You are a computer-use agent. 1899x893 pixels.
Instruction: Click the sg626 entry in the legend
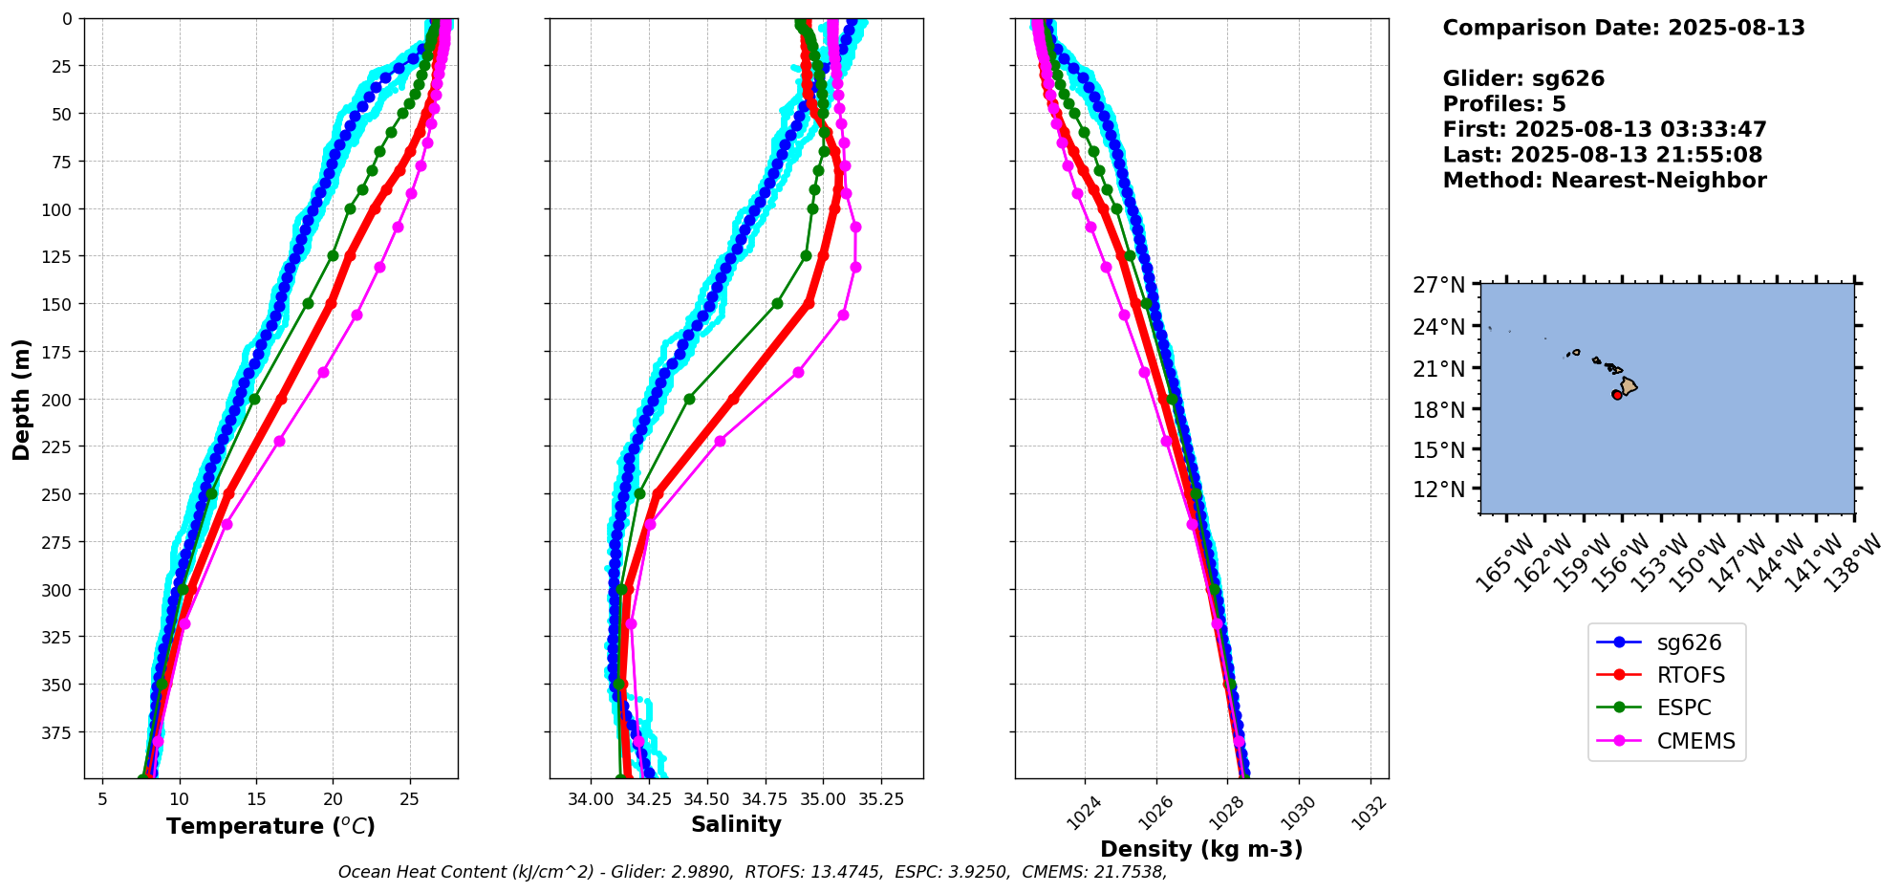tap(1689, 643)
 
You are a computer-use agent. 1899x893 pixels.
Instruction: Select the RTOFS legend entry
tap(1691, 675)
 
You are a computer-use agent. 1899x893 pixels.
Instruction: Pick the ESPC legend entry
tap(1684, 708)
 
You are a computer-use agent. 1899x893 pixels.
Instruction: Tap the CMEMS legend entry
tap(1695, 741)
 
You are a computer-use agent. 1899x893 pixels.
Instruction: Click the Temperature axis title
tap(270, 826)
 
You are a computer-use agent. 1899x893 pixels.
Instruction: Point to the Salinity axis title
tap(736, 824)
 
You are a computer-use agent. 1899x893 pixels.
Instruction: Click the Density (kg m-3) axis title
tap(1201, 849)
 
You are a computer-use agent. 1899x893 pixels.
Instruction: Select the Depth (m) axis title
tap(22, 399)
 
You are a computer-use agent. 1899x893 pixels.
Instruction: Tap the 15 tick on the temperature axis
tap(255, 798)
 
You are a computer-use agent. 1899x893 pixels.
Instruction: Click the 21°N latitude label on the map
tap(1439, 368)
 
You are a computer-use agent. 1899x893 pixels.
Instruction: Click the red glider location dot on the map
tap(1617, 394)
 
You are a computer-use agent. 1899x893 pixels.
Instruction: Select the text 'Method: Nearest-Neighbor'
tap(1605, 181)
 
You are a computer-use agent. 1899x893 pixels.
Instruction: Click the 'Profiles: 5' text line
tap(1504, 104)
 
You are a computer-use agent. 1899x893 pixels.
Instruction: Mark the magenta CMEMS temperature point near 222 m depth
tap(279, 441)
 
